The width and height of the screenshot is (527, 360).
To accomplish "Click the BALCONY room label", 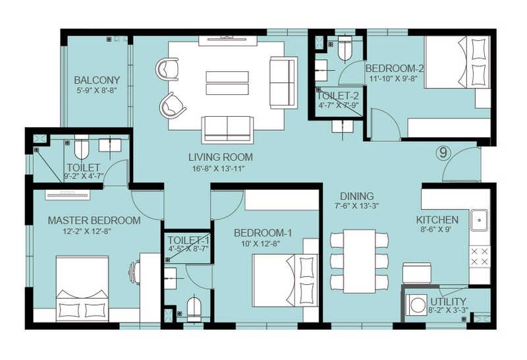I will click(97, 80).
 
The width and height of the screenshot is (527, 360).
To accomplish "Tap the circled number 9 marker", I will click(443, 154).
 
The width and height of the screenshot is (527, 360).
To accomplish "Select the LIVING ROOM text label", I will click(220, 157).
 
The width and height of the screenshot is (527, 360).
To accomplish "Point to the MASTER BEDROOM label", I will click(94, 220).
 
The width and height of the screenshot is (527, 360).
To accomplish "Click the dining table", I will click(359, 260).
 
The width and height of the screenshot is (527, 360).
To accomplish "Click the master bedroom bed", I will click(82, 287).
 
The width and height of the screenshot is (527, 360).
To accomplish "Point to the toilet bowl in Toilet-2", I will click(345, 48).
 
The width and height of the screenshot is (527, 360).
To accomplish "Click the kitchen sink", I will click(479, 218).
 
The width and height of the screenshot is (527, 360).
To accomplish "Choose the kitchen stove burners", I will click(479, 256).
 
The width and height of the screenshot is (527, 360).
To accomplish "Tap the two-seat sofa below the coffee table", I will click(227, 128).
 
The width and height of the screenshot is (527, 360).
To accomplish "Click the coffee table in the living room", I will click(227, 84).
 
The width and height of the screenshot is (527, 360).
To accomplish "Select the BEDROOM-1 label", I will click(263, 233).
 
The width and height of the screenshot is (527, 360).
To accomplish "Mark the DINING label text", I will click(356, 196).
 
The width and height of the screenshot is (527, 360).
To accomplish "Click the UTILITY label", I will click(448, 302).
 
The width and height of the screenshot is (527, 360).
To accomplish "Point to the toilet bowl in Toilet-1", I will click(194, 308).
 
